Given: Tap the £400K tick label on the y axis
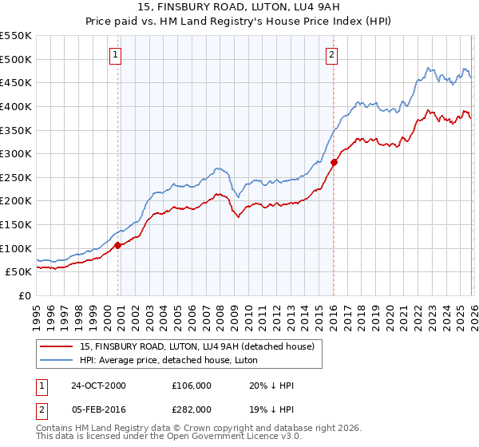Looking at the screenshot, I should coord(15,106).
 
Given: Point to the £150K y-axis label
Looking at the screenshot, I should coord(15,224).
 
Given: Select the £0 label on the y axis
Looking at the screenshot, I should coord(26,295).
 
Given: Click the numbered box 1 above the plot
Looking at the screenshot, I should coord(116,55).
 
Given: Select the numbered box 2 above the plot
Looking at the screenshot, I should coord(331,55).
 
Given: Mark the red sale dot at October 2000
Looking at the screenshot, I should coord(118,245).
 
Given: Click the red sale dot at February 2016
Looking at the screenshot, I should coord(334,162).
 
